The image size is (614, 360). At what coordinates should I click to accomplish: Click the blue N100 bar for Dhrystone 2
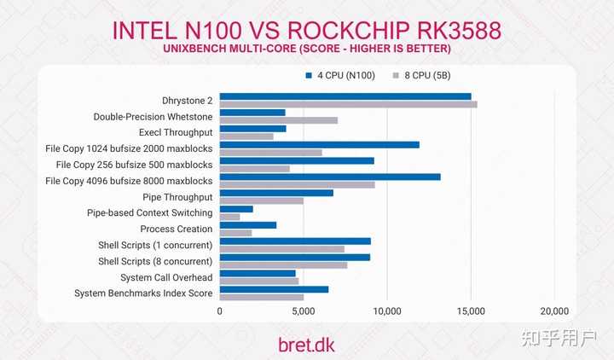coord(345,96)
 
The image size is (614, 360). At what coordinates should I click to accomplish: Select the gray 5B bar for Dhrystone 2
coord(348,105)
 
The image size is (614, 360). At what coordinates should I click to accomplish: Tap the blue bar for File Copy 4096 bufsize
coord(330,177)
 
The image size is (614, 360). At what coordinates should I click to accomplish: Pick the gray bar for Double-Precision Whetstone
coord(279,120)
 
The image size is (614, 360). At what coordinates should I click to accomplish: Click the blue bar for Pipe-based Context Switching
coord(236,208)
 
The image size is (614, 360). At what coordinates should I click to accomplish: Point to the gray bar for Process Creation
coord(235,233)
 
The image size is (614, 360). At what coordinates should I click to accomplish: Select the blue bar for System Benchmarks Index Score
coord(274,289)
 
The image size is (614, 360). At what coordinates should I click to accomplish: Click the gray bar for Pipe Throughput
coord(261,200)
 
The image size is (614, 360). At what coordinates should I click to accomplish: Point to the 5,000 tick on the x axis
coord(304,312)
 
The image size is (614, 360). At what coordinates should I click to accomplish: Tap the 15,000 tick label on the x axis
coord(471,312)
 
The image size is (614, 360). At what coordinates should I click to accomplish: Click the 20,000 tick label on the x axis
coord(554,312)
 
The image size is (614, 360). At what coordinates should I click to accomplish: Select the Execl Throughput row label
coord(176,132)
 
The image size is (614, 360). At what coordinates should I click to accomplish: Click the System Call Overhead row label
coord(167,277)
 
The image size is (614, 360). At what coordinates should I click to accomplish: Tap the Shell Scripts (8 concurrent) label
coord(155,261)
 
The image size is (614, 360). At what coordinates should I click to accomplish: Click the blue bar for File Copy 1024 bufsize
coord(320,144)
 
